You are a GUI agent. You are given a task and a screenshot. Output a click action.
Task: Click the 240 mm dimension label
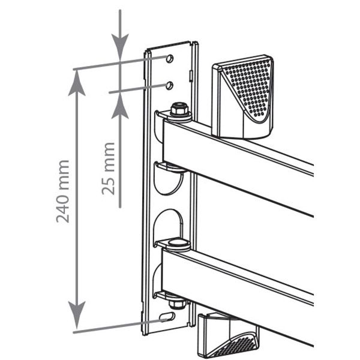(62, 191)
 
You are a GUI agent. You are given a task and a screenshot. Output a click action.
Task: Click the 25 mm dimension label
(108, 169)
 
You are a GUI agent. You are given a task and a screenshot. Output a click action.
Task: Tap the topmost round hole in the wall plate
(169, 59)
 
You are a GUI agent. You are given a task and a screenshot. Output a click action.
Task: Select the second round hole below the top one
(169, 85)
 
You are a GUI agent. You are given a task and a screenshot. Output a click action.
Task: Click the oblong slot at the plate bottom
(167, 317)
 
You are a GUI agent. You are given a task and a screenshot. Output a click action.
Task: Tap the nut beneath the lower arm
(176, 303)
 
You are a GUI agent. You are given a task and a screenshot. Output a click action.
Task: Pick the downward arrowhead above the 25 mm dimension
(120, 47)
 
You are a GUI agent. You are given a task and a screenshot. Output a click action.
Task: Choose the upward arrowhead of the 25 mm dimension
(120, 106)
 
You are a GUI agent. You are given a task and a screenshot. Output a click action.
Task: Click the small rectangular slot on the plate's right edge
(191, 75)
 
